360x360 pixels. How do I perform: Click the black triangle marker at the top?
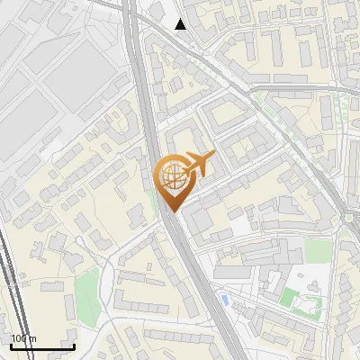click(x=181, y=24)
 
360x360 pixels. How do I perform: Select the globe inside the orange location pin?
click(x=171, y=175)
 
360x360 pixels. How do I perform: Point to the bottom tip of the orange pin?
click(x=172, y=211)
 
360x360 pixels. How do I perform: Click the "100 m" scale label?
click(x=23, y=338)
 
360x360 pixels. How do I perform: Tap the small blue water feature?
click(x=222, y=298)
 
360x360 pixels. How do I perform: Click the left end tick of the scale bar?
click(x=11, y=346)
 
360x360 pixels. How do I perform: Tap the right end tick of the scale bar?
click(x=74, y=346)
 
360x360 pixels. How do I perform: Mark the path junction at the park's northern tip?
click(x=87, y=269)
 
